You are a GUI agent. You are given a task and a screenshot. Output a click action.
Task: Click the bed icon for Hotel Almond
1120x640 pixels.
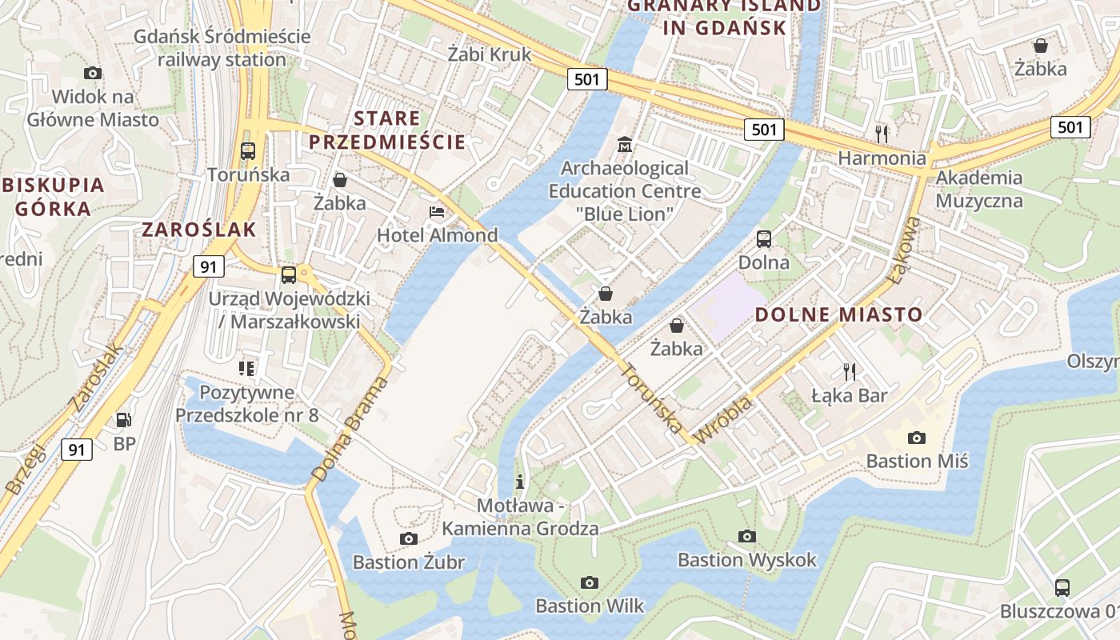[x=437, y=212]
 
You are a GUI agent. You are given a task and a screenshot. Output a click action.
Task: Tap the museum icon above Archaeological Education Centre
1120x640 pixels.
[x=625, y=146]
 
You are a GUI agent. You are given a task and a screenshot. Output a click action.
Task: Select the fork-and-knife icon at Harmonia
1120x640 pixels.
[x=882, y=133]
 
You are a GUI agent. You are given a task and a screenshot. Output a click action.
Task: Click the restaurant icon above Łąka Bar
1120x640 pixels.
[x=849, y=371]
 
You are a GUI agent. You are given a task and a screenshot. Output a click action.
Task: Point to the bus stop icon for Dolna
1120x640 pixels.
[x=764, y=238]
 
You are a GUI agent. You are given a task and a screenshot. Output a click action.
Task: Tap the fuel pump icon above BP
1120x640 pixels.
[x=124, y=419]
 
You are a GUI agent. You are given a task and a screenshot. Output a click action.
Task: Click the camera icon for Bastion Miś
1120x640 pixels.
[x=917, y=438]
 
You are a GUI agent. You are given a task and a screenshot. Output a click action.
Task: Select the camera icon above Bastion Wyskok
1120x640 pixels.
[x=747, y=536]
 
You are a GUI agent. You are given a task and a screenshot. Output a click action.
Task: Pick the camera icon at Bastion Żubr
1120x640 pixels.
[x=409, y=538]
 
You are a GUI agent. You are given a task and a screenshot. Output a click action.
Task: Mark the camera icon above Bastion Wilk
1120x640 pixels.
[x=590, y=582]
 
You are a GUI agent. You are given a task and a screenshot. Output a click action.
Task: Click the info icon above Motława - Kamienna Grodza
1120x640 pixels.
[x=520, y=482]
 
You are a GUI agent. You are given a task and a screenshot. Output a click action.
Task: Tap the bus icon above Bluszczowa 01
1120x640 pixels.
[x=1062, y=587]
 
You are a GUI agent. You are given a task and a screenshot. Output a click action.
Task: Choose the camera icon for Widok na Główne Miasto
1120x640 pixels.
[x=93, y=74]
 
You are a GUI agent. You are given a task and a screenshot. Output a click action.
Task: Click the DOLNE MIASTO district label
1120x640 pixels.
[x=839, y=314]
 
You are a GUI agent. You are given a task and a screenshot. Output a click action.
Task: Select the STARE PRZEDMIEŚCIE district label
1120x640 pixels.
[x=387, y=130]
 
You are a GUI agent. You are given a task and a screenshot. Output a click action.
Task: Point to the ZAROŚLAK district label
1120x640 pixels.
[x=199, y=230]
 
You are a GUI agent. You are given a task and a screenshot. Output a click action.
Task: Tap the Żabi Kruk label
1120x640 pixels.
[x=490, y=54]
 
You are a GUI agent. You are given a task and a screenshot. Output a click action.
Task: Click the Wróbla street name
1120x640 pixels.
[x=724, y=420]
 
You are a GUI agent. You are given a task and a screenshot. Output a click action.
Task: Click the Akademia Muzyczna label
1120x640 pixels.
[x=979, y=189]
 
